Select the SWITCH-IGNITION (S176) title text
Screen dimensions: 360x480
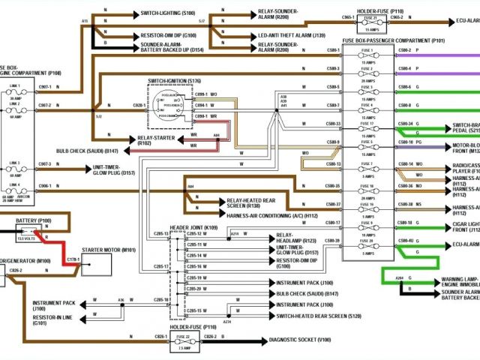175,79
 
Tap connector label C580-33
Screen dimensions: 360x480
332,123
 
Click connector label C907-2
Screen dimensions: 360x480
45,105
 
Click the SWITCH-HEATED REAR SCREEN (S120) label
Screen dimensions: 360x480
314,316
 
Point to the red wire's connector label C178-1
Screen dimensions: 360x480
73,259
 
